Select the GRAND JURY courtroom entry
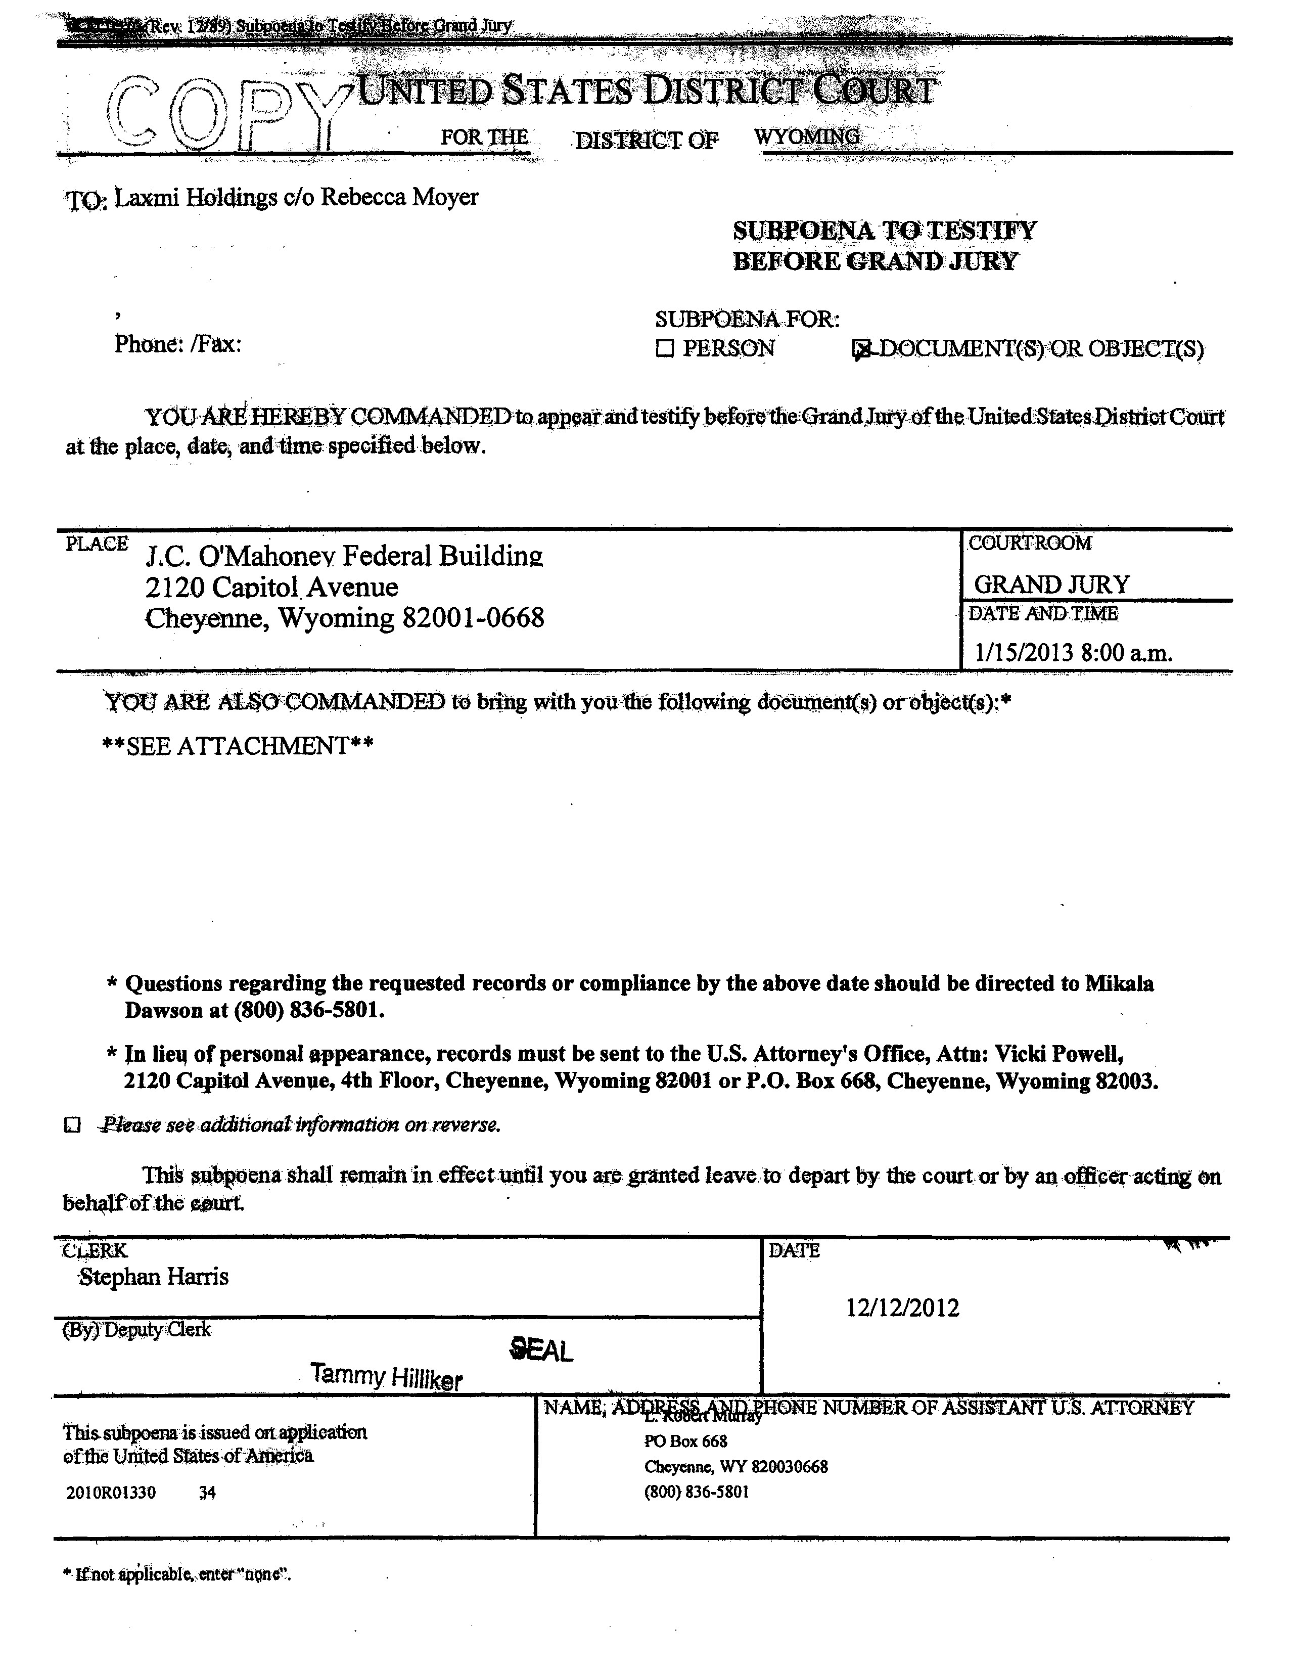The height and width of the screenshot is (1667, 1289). pos(1051,584)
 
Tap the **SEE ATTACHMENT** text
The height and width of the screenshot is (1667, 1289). pos(238,746)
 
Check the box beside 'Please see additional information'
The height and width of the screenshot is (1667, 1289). pos(72,1125)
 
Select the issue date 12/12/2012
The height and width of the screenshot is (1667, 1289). pos(902,1308)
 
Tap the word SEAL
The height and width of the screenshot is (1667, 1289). pos(541,1351)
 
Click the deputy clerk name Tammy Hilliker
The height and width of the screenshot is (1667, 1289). pos(386,1377)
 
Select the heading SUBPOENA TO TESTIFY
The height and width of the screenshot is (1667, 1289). pos(884,231)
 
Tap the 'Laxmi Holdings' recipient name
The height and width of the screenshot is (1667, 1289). pos(196,198)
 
